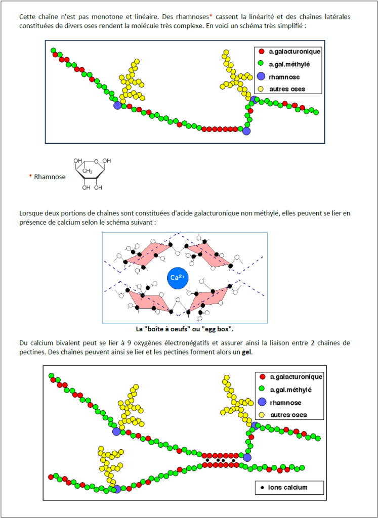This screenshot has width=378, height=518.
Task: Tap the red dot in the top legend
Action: (x=261, y=51)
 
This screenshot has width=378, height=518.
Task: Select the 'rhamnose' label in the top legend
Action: (x=284, y=77)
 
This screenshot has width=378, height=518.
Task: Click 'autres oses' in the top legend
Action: (x=287, y=89)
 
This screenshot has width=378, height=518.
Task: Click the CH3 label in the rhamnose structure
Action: (x=88, y=171)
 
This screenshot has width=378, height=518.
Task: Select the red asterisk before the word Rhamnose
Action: (x=30, y=177)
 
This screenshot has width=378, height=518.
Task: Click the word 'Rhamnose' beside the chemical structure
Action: (x=50, y=177)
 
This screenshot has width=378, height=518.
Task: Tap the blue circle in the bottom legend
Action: (x=262, y=402)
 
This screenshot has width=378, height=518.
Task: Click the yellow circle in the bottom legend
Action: (x=262, y=415)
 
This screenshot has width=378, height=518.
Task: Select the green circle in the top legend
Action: (x=261, y=64)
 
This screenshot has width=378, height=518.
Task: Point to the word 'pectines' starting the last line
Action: (x=31, y=352)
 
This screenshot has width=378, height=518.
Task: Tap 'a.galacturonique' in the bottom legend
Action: (x=296, y=377)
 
